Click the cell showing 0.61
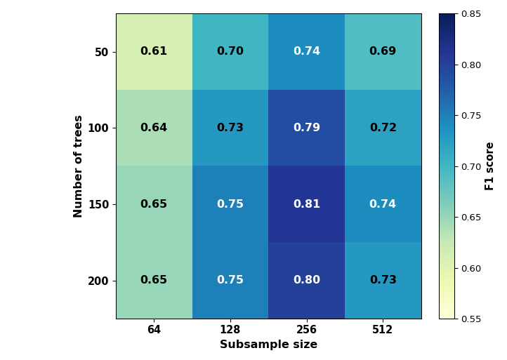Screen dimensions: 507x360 (154, 52)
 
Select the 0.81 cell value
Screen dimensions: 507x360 (307, 204)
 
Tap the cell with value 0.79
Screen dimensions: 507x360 (307, 128)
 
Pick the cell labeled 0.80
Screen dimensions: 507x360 (307, 280)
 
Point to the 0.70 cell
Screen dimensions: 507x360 (230, 52)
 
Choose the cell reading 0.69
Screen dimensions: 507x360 (383, 52)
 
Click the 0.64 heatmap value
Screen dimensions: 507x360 (154, 128)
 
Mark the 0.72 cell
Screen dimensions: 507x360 (383, 128)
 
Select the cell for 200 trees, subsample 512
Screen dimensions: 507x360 (383, 280)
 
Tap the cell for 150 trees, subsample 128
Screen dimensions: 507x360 (230, 204)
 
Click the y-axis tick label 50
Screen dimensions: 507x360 (101, 52)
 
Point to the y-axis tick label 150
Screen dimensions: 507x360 (98, 204)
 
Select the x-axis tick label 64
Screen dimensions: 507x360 (154, 330)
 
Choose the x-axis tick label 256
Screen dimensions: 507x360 (307, 330)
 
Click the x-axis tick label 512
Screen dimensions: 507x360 (382, 330)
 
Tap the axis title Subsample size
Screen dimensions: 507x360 (269, 345)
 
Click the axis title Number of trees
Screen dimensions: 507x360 (78, 166)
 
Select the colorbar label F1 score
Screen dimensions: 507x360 (489, 166)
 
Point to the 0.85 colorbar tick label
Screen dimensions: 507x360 (471, 14)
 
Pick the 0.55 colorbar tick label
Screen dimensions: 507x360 (471, 319)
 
